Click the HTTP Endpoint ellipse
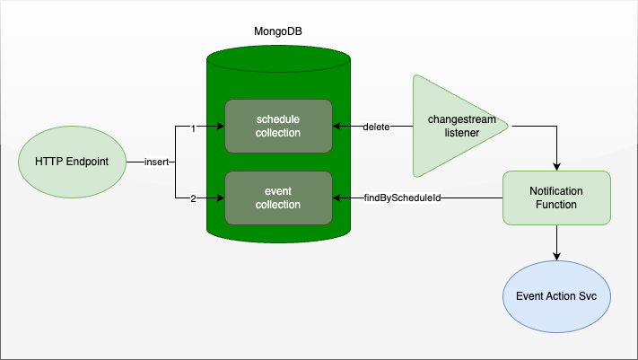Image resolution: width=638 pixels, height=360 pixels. [72, 162]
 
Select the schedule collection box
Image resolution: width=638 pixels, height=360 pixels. [279, 127]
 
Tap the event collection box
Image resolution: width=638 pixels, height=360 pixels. [279, 198]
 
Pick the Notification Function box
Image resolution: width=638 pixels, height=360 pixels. [556, 198]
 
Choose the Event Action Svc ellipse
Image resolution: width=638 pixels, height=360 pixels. [556, 296]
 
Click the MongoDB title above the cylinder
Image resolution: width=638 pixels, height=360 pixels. [278, 31]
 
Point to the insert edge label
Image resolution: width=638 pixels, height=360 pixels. [157, 162]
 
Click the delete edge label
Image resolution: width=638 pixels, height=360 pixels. [376, 127]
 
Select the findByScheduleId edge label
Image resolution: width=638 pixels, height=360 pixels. [402, 198]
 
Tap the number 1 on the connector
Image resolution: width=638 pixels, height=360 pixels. [193, 128]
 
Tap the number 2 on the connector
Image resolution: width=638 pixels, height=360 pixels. [193, 198]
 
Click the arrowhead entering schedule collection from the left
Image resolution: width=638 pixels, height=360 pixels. [221, 127]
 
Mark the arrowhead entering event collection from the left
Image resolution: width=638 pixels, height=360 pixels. [221, 198]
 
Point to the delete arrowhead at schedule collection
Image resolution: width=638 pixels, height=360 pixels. [336, 127]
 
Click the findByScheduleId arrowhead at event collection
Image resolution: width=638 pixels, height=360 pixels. [336, 198]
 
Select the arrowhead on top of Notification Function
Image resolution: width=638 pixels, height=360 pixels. [556, 167]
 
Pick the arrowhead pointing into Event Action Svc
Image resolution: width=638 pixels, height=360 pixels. [556, 256]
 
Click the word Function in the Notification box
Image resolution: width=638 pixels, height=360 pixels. [556, 205]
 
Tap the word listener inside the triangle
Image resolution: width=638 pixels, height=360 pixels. [462, 133]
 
